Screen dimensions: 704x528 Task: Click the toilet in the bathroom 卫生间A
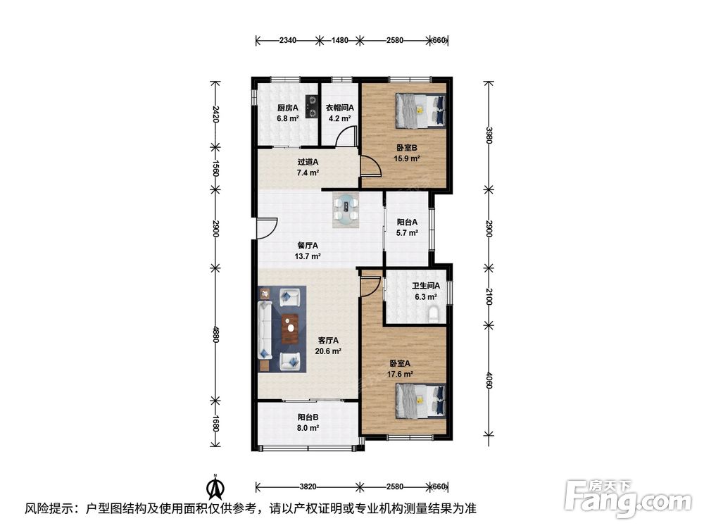pyautogui.click(x=433, y=314)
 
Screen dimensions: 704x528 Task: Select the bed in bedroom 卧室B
pyautogui.click(x=421, y=111)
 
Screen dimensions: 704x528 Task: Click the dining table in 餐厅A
pyautogui.click(x=346, y=210)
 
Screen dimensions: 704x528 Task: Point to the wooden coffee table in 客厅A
pyautogui.click(x=290, y=329)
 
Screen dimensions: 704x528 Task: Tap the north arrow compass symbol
pyautogui.click(x=215, y=486)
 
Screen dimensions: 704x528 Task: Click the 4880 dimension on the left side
pyautogui.click(x=215, y=334)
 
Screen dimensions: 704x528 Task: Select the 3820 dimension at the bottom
pyautogui.click(x=308, y=486)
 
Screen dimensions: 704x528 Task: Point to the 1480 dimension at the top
pyautogui.click(x=339, y=40)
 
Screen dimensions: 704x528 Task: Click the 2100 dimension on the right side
pyautogui.click(x=489, y=296)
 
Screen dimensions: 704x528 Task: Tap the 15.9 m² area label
pyautogui.click(x=407, y=158)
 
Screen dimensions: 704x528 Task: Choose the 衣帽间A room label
pyautogui.click(x=339, y=108)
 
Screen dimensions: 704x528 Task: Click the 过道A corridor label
pyautogui.click(x=308, y=162)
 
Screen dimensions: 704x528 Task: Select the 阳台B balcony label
pyautogui.click(x=308, y=417)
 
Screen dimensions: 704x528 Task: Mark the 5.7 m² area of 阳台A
pyautogui.click(x=407, y=233)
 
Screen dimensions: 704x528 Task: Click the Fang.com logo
pyautogui.click(x=627, y=497)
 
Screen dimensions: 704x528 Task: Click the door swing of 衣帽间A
pyautogui.click(x=346, y=135)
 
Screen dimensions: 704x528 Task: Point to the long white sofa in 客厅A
pyautogui.click(x=265, y=330)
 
